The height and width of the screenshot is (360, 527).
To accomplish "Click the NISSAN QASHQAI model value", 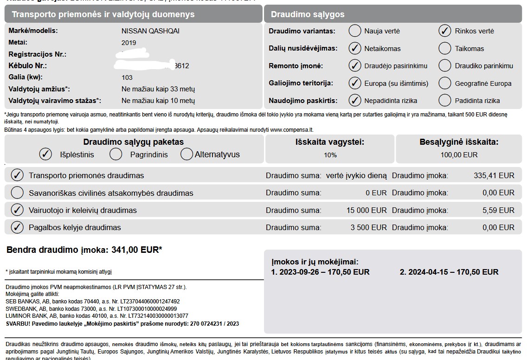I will click(x=150, y=31).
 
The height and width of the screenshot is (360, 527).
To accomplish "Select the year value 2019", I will click(x=129, y=43).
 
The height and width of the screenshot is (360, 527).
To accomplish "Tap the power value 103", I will click(x=127, y=77).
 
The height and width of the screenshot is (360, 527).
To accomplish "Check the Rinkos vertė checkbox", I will click(x=445, y=31).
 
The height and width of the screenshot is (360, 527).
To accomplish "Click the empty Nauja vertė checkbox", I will click(x=355, y=31).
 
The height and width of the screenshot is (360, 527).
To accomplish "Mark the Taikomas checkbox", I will click(x=445, y=48).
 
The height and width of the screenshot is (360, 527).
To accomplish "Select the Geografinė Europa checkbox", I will click(x=445, y=83).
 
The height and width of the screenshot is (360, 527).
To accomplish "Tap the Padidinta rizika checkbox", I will click(x=445, y=100).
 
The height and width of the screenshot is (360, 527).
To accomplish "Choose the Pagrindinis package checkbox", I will click(x=116, y=154).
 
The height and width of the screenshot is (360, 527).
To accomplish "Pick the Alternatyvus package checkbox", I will click(x=187, y=154).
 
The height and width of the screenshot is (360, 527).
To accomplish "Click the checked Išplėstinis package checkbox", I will click(x=45, y=154).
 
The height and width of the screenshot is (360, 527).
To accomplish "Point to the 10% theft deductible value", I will click(x=330, y=155).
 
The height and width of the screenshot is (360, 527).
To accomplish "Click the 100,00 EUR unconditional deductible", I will click(x=459, y=155).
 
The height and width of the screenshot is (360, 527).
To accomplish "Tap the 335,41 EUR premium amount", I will click(x=494, y=176).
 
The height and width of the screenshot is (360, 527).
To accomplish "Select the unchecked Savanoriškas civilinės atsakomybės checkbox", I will click(x=17, y=193).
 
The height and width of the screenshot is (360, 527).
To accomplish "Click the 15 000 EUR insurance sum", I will click(x=366, y=211).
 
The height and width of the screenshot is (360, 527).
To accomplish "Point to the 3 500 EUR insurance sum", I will click(x=368, y=228).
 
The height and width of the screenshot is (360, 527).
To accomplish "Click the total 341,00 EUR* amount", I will click(x=137, y=250).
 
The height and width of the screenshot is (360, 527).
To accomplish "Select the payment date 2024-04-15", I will click(x=429, y=272).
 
